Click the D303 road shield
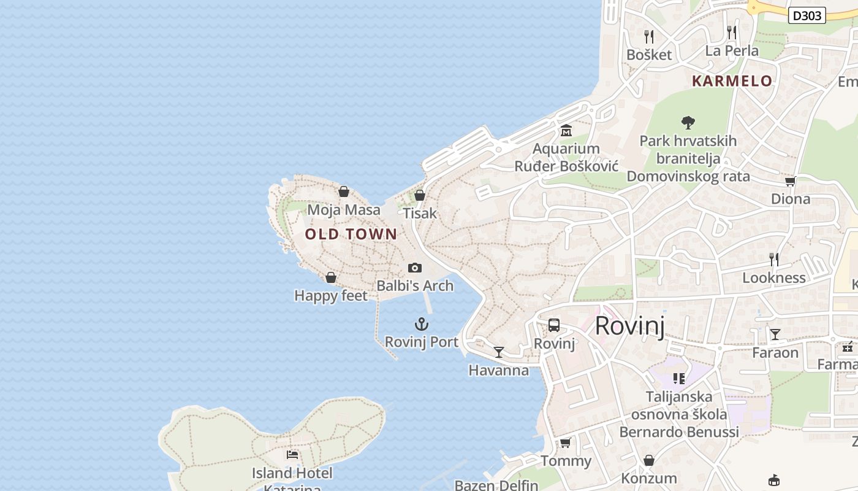807,15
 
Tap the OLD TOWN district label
351,234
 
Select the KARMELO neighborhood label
732,81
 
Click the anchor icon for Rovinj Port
421,324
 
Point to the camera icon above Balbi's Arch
415,268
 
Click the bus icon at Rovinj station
554,325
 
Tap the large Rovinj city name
630,325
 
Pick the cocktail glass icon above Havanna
499,352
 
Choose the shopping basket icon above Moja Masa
344,191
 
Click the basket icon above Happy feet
331,277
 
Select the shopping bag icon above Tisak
420,195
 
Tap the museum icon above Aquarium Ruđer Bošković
566,131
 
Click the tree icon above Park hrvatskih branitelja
688,123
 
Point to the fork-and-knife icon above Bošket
649,37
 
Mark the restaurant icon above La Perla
732,33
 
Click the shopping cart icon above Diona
791,181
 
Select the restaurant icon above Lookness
774,260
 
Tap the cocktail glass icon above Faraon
775,334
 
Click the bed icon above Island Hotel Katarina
292,455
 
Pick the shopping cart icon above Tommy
565,443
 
